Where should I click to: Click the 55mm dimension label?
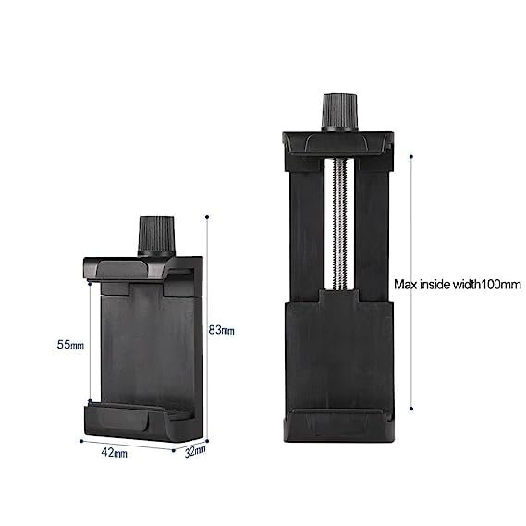[70, 345]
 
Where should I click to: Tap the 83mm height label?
[222, 330]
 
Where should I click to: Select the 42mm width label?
[114, 453]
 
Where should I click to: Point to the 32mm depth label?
[195, 451]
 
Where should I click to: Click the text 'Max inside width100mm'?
[458, 285]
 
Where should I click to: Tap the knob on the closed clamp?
[156, 236]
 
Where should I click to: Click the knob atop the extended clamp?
[340, 113]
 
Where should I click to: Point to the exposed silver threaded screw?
[339, 224]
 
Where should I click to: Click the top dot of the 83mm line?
[207, 217]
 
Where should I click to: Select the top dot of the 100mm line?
[411, 156]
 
